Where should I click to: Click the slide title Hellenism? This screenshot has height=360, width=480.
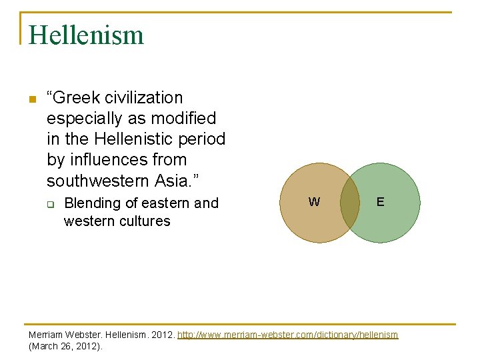86,35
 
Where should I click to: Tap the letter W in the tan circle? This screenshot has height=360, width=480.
314,202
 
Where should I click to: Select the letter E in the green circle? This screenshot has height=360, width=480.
380,201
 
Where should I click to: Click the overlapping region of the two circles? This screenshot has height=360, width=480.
350,203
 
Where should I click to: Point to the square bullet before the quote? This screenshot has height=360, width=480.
31,100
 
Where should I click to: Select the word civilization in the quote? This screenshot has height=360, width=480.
141,98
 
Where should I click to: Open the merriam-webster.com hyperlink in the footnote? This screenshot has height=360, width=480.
288,335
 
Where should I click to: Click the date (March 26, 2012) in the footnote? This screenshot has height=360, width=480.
65,347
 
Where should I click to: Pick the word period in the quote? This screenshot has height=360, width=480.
203,139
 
